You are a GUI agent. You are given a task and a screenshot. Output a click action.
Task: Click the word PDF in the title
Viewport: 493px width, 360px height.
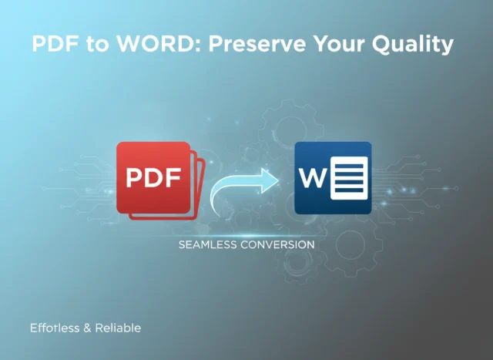click(x=54, y=45)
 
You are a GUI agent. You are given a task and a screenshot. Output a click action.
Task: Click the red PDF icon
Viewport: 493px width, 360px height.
click(x=154, y=178)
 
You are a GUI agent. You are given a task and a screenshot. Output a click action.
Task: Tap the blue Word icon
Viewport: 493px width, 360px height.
click(x=333, y=178)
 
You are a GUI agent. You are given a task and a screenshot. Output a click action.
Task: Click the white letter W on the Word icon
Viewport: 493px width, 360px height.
click(x=314, y=179)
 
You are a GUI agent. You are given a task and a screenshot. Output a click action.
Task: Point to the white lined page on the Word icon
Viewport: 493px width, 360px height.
click(x=349, y=178)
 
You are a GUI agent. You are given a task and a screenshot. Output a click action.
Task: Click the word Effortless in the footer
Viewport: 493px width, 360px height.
click(x=55, y=328)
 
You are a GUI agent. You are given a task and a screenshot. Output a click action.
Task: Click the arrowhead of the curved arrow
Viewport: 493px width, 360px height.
click(x=270, y=180)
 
